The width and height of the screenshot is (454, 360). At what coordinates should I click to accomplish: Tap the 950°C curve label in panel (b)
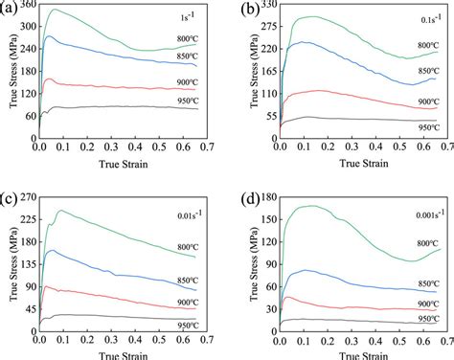pyautogui.click(x=428, y=124)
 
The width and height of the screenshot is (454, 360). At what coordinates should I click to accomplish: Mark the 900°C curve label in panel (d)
pyautogui.click(x=428, y=303)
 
